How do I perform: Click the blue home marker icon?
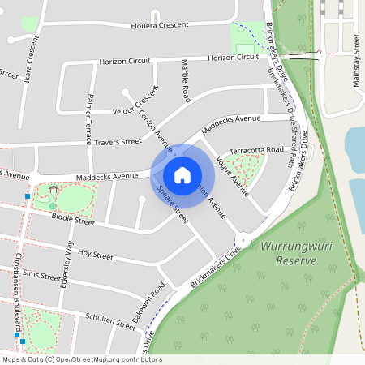pos(182,174)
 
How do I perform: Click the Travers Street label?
pos(118,142)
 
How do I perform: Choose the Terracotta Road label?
pos(257,150)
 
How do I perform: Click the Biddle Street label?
pos(73,221)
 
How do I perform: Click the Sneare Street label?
pos(173,205)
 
